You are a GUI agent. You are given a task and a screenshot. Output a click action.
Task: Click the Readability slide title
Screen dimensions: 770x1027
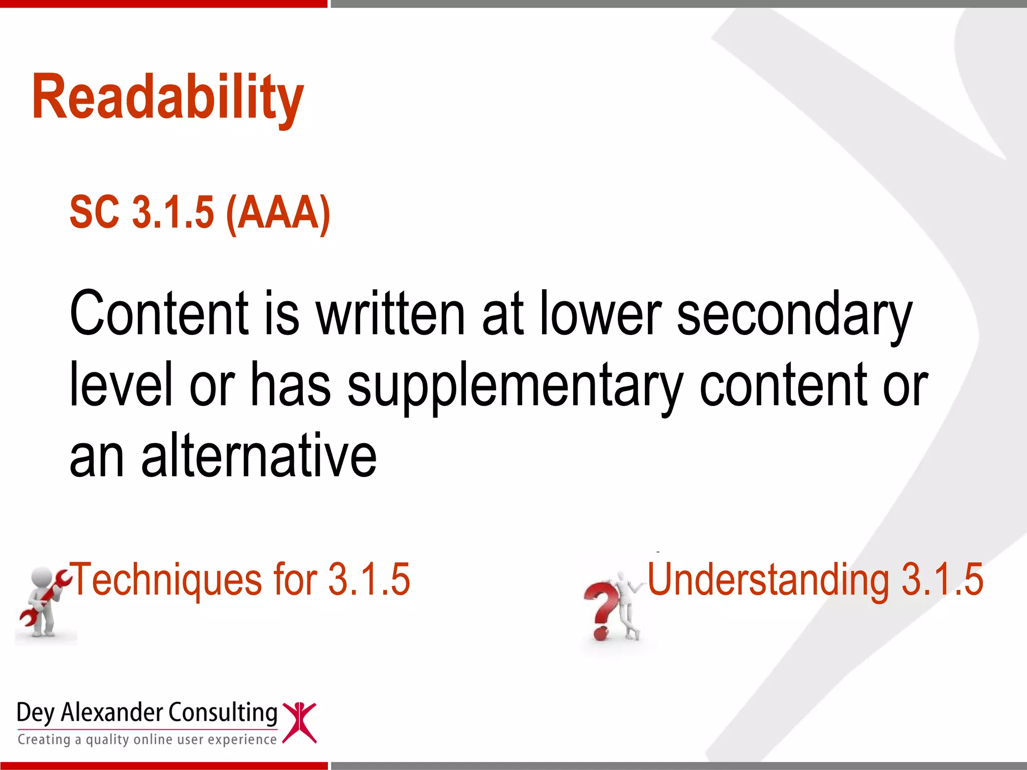click(167, 98)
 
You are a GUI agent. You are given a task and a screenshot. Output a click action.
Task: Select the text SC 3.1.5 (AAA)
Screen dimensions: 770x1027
click(200, 213)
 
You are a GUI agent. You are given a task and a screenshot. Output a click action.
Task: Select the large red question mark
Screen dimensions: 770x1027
click(601, 609)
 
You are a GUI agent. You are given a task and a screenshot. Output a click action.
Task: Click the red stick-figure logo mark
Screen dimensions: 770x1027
click(299, 722)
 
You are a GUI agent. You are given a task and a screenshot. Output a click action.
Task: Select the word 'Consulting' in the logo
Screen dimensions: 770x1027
click(222, 713)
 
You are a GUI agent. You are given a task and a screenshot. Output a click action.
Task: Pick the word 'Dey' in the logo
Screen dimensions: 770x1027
click(35, 713)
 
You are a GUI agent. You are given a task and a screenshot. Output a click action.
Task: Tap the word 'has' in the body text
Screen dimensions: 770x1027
click(290, 385)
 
